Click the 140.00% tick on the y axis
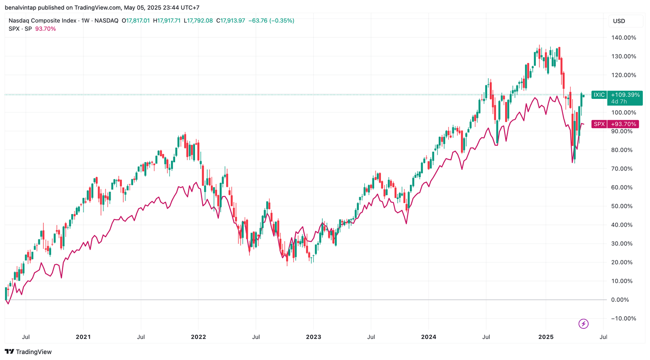[x=623, y=37]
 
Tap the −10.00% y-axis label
[x=623, y=318]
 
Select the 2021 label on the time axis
[x=83, y=337]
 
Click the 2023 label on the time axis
[x=313, y=337]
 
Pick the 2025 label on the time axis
[x=545, y=337]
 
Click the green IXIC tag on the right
[x=599, y=95]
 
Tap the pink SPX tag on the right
[x=599, y=124]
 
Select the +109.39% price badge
[x=625, y=95]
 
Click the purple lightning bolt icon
[x=584, y=323]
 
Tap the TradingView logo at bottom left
[x=28, y=351]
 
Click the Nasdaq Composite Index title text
[x=42, y=20]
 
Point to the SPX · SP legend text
[x=20, y=28]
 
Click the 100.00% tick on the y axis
[x=623, y=112]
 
